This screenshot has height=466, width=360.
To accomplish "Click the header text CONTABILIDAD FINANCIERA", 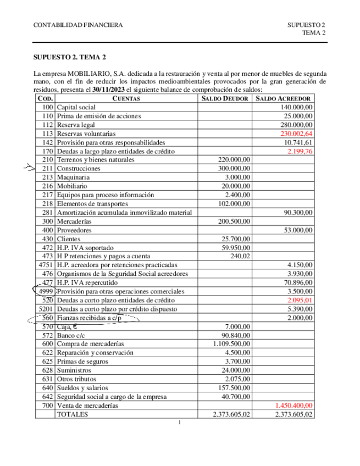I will (79, 25).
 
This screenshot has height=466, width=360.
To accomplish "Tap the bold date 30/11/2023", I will (109, 90).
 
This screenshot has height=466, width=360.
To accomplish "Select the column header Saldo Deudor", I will (225, 98).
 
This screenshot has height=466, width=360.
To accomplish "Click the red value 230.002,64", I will (296, 134).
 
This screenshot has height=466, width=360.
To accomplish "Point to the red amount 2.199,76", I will (300, 151).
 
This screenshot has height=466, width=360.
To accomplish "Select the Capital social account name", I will (76, 107).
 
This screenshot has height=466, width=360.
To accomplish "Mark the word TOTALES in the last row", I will (73, 414).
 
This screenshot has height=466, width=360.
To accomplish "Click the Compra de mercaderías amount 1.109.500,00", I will (230, 344).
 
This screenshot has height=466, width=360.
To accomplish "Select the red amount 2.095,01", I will (300, 300).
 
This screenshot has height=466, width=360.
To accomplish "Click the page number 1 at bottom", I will (180, 423).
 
